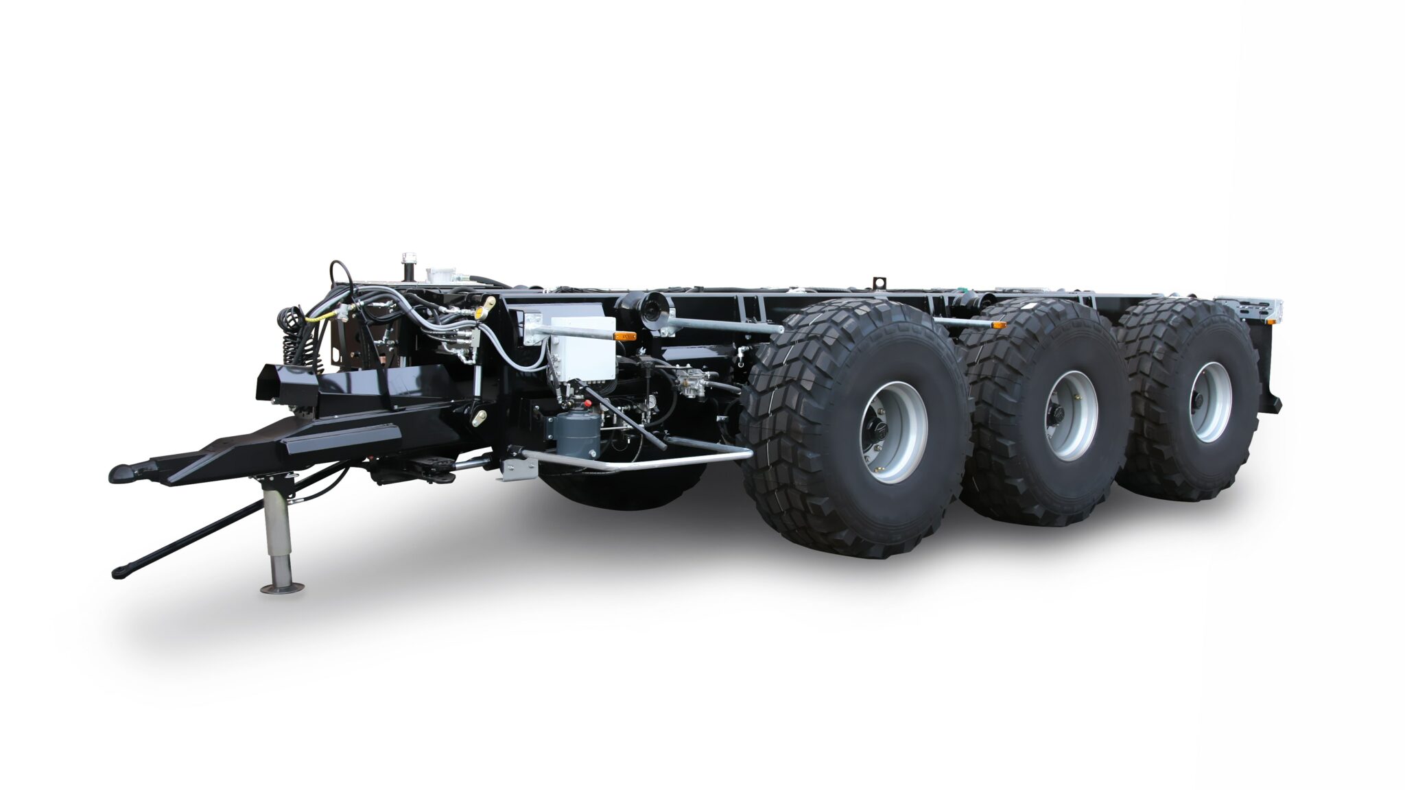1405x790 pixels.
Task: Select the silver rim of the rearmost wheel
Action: point(1209,402)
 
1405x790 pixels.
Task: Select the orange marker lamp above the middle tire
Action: point(998,324)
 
